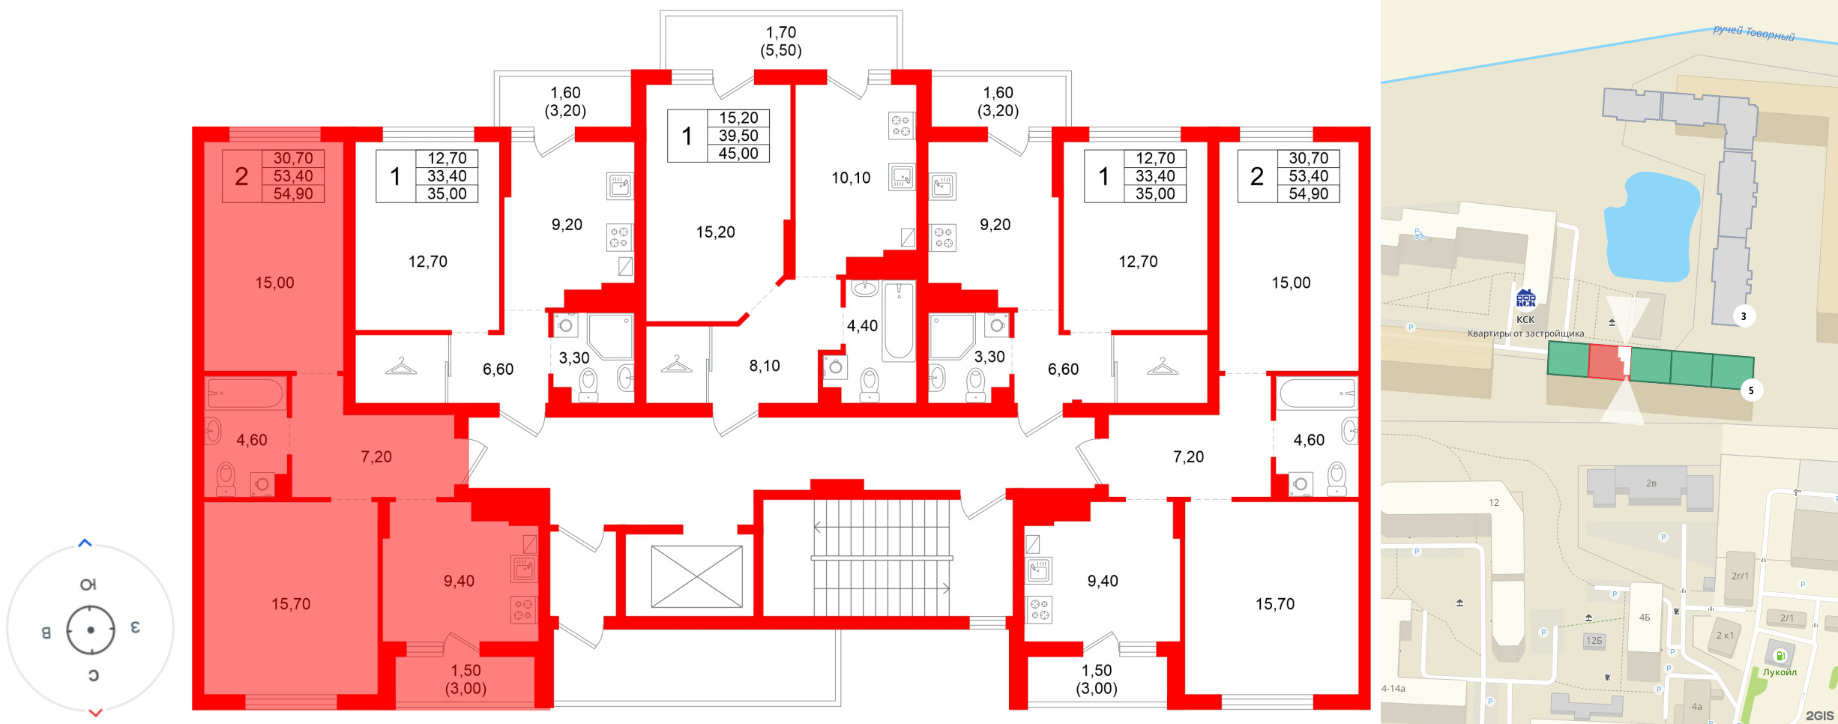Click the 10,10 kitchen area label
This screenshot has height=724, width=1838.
pos(851,178)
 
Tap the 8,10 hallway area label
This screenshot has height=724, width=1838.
pos(765,366)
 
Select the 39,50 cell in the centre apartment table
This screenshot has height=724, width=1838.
pos(738,136)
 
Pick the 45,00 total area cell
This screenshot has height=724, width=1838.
pos(738,154)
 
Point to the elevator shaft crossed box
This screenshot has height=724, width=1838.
pos(696,576)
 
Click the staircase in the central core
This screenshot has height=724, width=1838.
pos(882,558)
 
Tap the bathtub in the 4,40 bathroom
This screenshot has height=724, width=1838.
pos(899,321)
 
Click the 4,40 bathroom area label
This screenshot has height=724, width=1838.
pos(862,326)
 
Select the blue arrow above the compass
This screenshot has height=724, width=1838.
pos(85,543)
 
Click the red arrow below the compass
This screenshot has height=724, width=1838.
pos(95,713)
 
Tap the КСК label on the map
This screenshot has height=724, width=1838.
pos(1525,319)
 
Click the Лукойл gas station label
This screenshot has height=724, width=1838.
pos(1780,672)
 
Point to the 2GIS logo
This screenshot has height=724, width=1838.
pos(1819,716)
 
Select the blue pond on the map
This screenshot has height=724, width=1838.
pos(1651,226)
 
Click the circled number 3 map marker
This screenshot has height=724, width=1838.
pos(1744,316)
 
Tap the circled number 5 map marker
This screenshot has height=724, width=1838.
pos(1751,390)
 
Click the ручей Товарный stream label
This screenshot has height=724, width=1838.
pos(1753,34)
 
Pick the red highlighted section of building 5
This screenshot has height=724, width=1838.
pos(1606,363)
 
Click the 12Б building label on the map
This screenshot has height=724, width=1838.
pos(1594,641)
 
